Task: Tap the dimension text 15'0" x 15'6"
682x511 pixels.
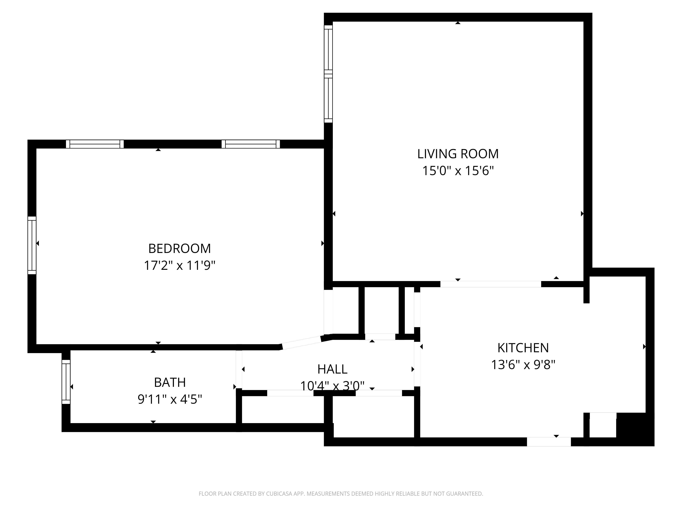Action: [458, 171]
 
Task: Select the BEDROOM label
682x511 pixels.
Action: [179, 249]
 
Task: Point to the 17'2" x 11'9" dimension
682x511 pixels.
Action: [179, 265]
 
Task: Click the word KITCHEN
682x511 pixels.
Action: [523, 348]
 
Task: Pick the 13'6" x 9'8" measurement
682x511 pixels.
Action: [523, 365]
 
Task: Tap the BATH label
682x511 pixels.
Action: [170, 383]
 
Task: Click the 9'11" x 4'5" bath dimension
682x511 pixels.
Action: [170, 399]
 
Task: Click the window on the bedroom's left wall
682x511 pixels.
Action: [32, 245]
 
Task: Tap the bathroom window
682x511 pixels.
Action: [66, 382]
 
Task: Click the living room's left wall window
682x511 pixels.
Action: [328, 74]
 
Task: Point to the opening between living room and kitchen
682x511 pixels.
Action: [491, 284]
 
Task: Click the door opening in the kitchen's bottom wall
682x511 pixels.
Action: [549, 442]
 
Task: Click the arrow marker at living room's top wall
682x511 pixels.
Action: [458, 23]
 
